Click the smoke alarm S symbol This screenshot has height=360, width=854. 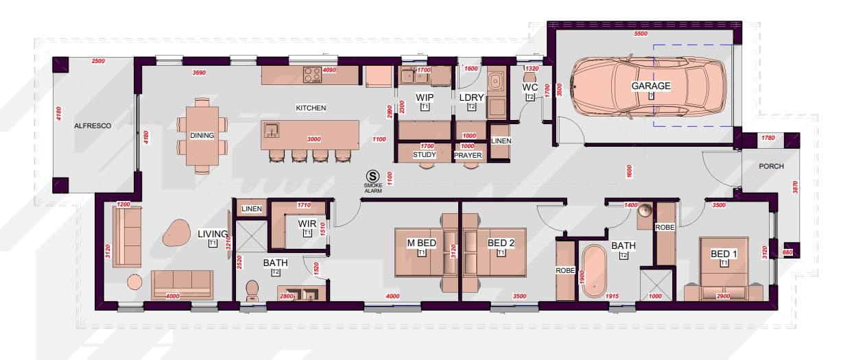[373, 176]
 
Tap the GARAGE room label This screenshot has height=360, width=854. [651, 86]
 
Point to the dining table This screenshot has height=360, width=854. [202, 135]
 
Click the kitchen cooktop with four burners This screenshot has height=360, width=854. [312, 73]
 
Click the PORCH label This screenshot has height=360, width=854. [771, 167]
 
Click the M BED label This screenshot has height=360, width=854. [421, 243]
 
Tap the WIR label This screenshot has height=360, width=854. [307, 224]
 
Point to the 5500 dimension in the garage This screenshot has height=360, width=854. [641, 34]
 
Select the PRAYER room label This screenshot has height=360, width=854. [467, 155]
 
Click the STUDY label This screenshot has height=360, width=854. [425, 154]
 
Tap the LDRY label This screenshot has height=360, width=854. [471, 97]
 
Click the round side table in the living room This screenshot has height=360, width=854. [134, 281]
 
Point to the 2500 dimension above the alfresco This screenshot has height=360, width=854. [98, 62]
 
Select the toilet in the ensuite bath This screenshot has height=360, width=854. [252, 291]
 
